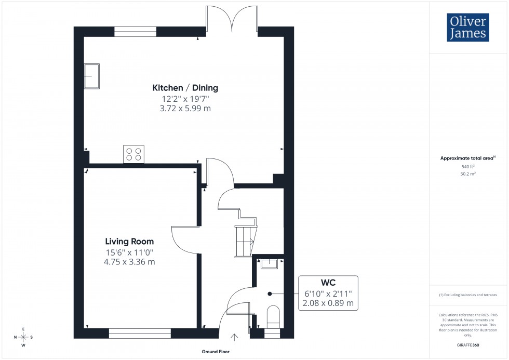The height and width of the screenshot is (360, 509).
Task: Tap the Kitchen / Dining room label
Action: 185,88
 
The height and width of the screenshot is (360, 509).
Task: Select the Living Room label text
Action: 129,242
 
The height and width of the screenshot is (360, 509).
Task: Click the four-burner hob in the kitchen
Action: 133,154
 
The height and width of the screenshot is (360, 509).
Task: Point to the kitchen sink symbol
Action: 92,76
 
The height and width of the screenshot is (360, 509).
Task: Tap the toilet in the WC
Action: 272,317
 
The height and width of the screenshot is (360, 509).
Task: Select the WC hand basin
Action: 270,264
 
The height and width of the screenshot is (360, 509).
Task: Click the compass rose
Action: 23,337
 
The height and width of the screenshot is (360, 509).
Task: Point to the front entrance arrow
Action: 234,338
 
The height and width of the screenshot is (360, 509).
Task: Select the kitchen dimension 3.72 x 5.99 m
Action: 185,109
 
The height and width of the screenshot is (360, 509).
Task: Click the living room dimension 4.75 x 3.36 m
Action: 129,262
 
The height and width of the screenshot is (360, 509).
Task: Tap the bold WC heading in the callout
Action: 328,284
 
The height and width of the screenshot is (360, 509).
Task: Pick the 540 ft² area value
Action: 468,166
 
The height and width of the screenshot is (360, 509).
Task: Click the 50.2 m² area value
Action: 468,175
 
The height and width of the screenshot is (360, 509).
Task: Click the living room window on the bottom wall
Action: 140,333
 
